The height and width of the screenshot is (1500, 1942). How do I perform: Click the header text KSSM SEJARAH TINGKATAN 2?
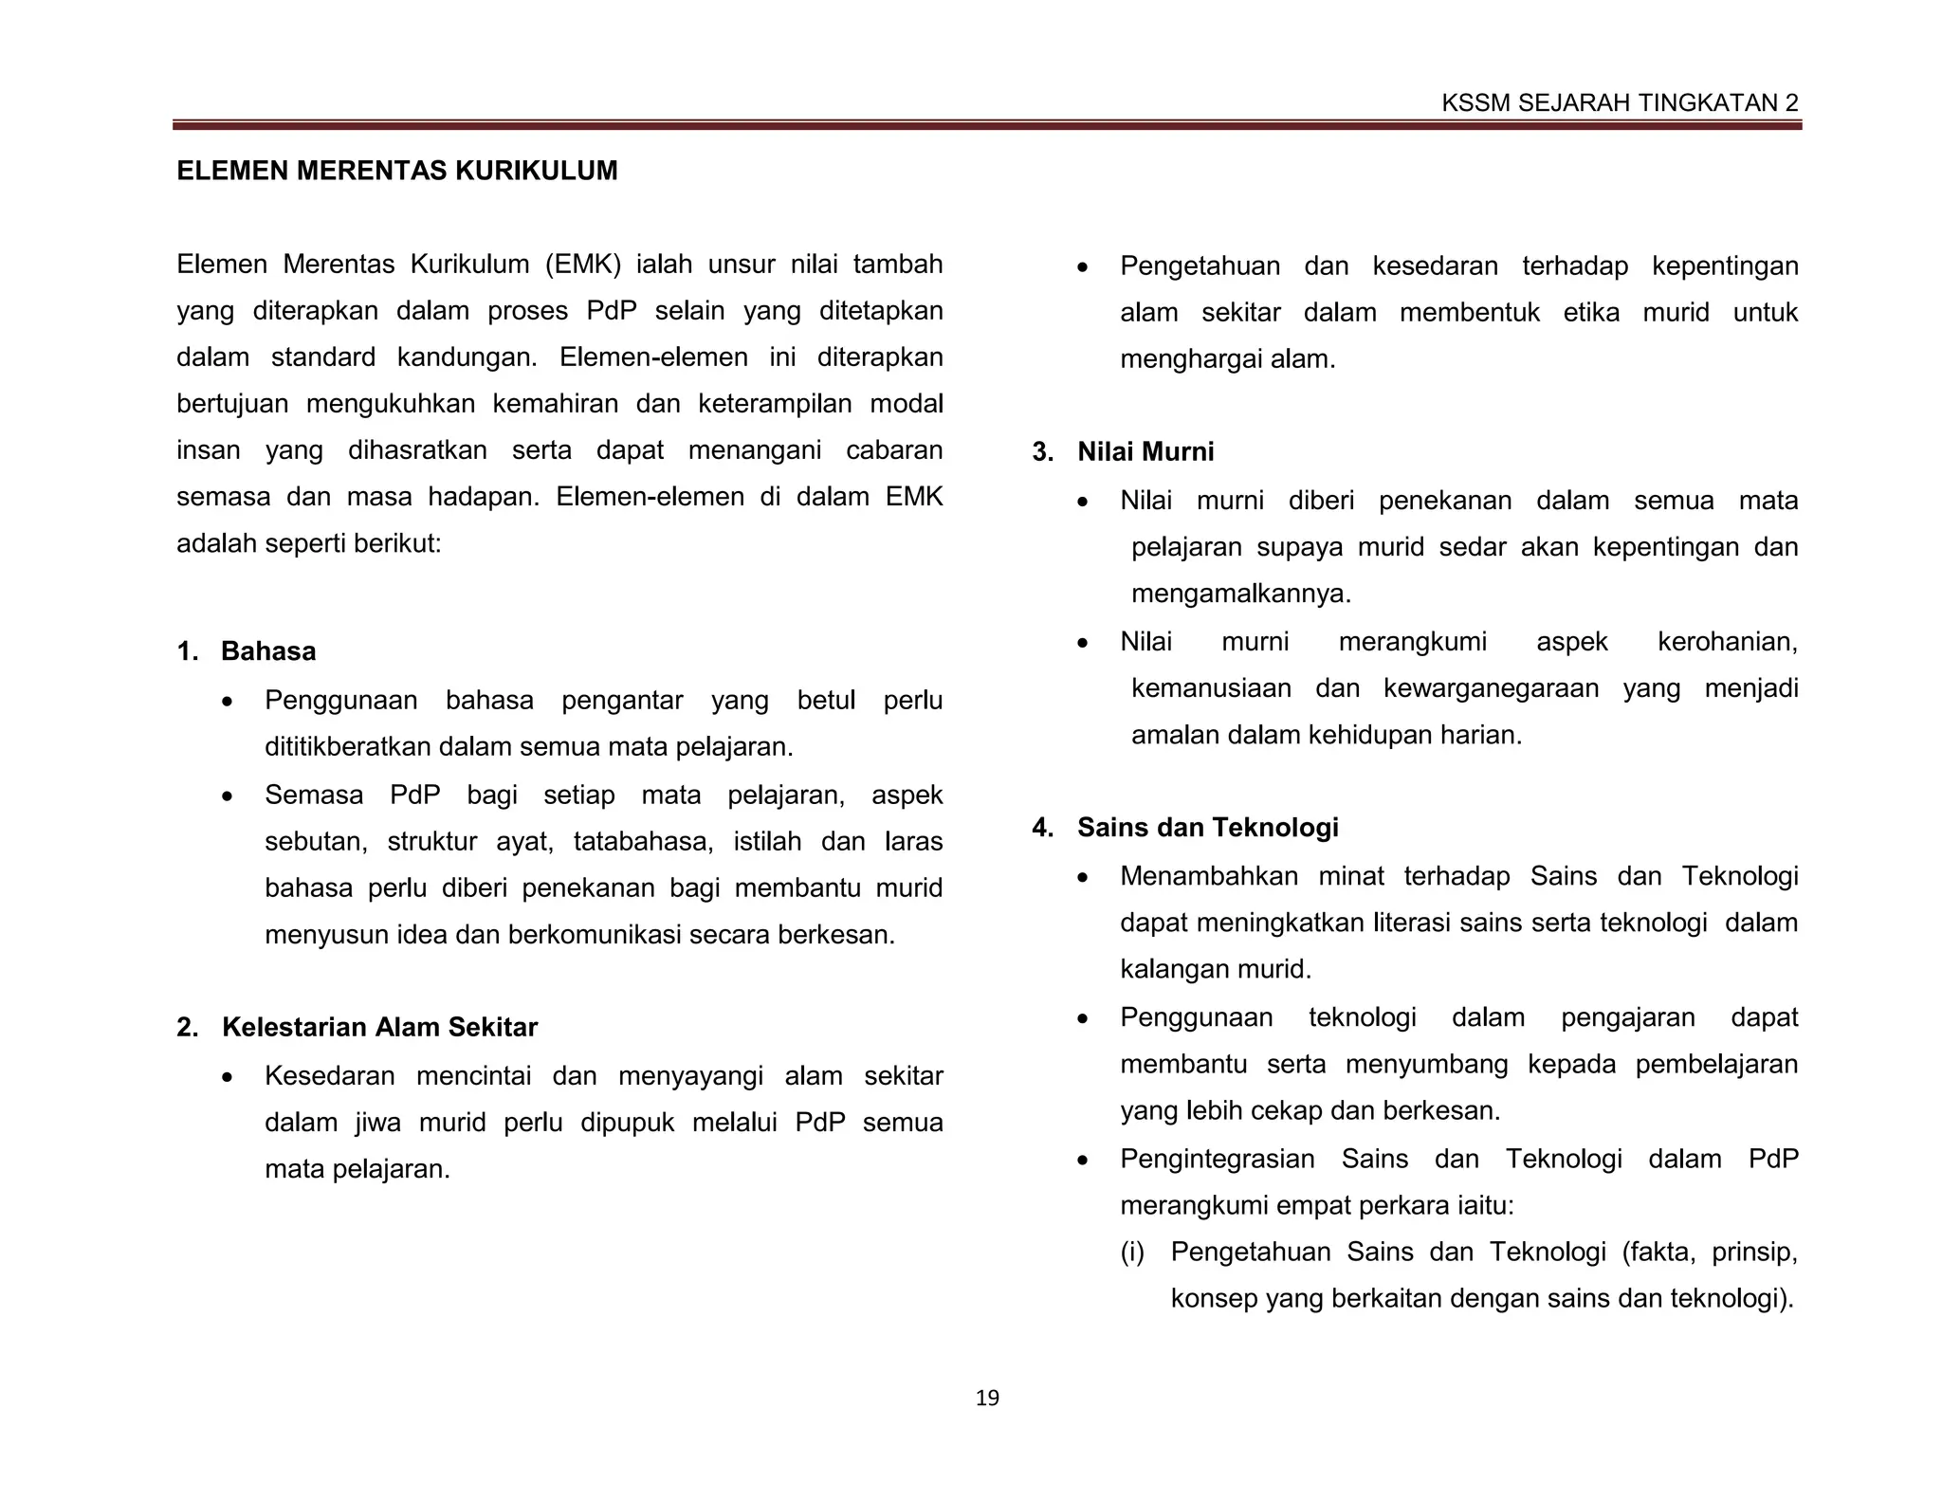pyautogui.click(x=1619, y=103)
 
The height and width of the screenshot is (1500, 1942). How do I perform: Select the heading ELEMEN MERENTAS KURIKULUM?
pyautogui.click(x=396, y=171)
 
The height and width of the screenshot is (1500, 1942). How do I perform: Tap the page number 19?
pyautogui.click(x=987, y=1398)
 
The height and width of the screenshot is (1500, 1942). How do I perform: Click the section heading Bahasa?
pyautogui.click(x=268, y=651)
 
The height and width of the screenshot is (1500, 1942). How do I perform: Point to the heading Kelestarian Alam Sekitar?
pyautogui.click(x=379, y=1027)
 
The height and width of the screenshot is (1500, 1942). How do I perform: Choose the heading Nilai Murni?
pyautogui.click(x=1145, y=451)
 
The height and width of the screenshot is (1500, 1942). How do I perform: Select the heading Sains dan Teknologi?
pyautogui.click(x=1207, y=827)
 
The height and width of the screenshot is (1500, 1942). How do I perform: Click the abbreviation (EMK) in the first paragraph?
pyautogui.click(x=583, y=264)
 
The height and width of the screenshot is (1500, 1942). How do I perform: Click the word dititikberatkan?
pyautogui.click(x=348, y=747)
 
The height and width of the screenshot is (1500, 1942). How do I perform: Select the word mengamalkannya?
pyautogui.click(x=1240, y=595)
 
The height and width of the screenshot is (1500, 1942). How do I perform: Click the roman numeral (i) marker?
pyautogui.click(x=1132, y=1252)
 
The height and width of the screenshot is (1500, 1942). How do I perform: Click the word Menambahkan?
pyautogui.click(x=1208, y=876)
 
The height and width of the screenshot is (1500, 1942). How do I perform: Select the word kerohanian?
pyautogui.click(x=1727, y=642)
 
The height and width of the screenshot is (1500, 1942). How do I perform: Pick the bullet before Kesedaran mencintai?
pyautogui.click(x=227, y=1078)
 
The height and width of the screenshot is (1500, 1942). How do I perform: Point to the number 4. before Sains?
pyautogui.click(x=1042, y=827)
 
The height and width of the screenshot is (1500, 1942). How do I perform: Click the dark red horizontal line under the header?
pyautogui.click(x=986, y=124)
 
